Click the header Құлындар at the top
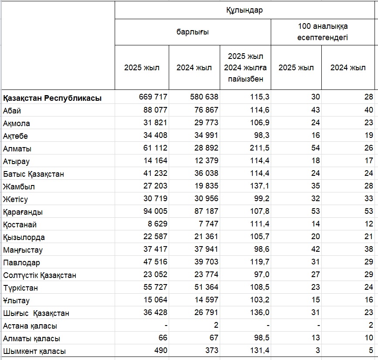[245, 10]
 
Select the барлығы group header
[193, 32]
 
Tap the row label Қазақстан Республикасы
[52, 98]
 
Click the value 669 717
[153, 97]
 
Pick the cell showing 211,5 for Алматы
[259, 147]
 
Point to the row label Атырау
[16, 161]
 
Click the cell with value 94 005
[155, 211]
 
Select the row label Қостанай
[20, 225]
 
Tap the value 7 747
[208, 224]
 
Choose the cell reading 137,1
[259, 186]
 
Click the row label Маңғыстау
[23, 250]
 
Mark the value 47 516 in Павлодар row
[155, 261]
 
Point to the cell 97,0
[261, 274]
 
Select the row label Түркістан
[20, 288]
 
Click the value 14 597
[206, 300]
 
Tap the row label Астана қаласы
[30, 326]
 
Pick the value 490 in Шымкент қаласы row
[161, 350]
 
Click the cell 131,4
[259, 350]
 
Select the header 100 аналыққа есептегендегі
[323, 32]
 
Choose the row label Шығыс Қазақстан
[36, 313]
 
